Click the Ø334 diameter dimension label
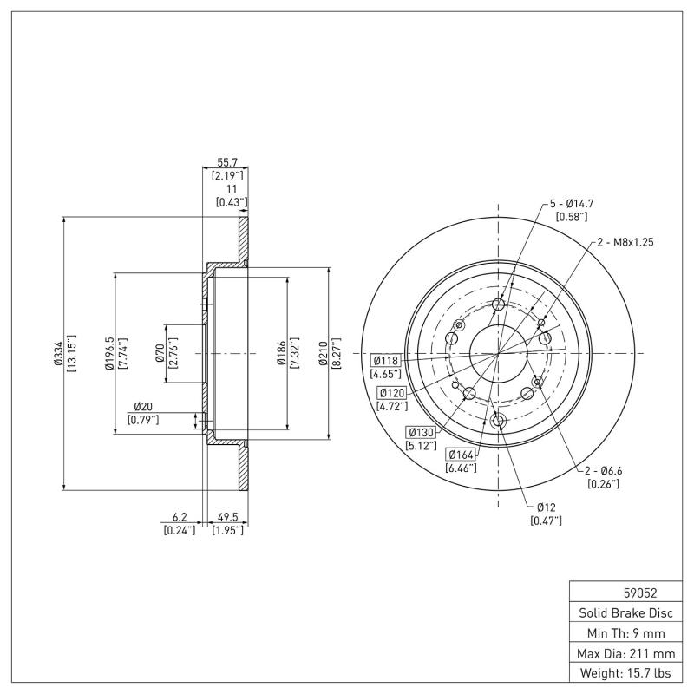57,354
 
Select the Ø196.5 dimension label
109,354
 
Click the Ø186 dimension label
282,354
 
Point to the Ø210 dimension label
324,354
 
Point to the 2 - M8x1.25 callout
625,244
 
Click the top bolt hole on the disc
498,304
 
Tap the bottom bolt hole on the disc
498,422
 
